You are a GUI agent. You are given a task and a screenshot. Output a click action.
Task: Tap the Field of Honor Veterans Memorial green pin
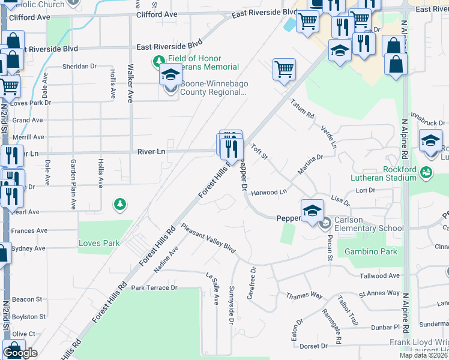tap(159, 61)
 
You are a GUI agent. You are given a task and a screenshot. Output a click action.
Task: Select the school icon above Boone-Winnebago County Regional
tap(171, 76)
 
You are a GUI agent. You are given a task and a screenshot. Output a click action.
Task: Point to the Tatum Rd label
tap(303, 109)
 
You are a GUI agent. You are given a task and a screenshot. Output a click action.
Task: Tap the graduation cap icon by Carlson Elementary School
tap(312, 211)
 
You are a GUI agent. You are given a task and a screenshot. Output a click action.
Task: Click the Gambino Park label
tap(370, 252)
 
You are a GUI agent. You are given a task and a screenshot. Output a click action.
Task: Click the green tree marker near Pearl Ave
tap(121, 205)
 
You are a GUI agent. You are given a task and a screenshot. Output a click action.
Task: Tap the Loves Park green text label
tap(99, 244)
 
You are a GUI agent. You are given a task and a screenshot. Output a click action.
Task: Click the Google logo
tap(20, 353)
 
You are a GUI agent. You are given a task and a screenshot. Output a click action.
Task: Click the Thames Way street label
tap(304, 296)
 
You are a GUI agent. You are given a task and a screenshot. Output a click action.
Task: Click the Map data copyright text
tap(423, 355)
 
